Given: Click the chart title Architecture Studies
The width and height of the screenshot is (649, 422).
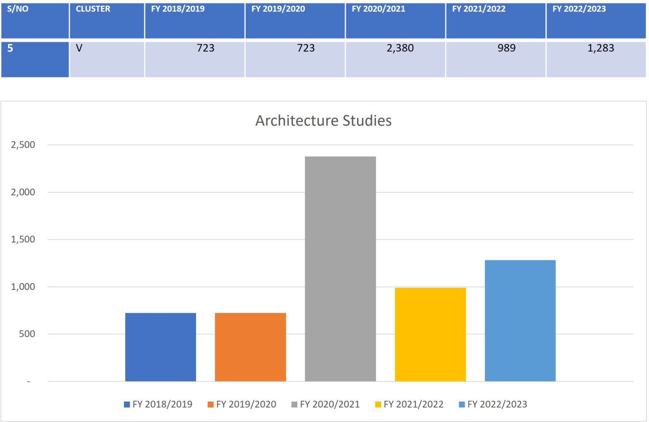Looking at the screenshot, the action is pyautogui.click(x=323, y=121).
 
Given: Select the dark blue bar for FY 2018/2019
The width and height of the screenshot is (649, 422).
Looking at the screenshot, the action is pyautogui.click(x=161, y=347).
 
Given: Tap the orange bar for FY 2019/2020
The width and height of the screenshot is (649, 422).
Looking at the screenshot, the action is pyautogui.click(x=250, y=347).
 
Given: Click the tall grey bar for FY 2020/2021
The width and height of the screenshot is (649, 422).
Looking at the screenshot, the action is pyautogui.click(x=341, y=269).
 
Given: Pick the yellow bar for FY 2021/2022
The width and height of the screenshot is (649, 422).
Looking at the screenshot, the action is pyautogui.click(x=430, y=335).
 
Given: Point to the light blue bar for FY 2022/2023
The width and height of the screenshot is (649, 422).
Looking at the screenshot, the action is pyautogui.click(x=520, y=321).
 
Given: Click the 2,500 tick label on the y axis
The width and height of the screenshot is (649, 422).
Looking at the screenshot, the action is pyautogui.click(x=23, y=145).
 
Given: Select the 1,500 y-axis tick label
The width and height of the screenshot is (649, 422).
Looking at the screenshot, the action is pyautogui.click(x=23, y=239).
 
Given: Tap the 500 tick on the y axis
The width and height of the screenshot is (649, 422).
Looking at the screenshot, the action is pyautogui.click(x=27, y=334).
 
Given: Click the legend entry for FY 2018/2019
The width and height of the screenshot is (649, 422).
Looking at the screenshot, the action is pyautogui.click(x=158, y=404).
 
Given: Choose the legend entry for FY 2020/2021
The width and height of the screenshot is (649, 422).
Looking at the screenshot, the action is pyautogui.click(x=325, y=404).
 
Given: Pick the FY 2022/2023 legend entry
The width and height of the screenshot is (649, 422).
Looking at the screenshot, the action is pyautogui.click(x=493, y=404).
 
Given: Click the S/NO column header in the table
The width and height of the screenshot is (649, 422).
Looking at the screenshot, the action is pyautogui.click(x=18, y=9).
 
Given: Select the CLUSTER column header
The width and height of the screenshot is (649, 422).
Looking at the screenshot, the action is pyautogui.click(x=93, y=9).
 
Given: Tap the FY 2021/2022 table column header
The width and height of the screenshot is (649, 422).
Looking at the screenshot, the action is pyautogui.click(x=479, y=9).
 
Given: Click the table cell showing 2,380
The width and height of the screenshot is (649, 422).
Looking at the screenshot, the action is pyautogui.click(x=400, y=48).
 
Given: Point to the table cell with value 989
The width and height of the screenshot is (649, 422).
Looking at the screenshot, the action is pyautogui.click(x=507, y=48).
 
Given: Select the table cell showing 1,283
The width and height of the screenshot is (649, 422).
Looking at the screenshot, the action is pyautogui.click(x=600, y=48).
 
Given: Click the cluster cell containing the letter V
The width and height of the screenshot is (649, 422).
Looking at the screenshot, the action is pyautogui.click(x=79, y=48).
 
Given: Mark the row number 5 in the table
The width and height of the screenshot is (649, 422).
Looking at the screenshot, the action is pyautogui.click(x=10, y=48).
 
